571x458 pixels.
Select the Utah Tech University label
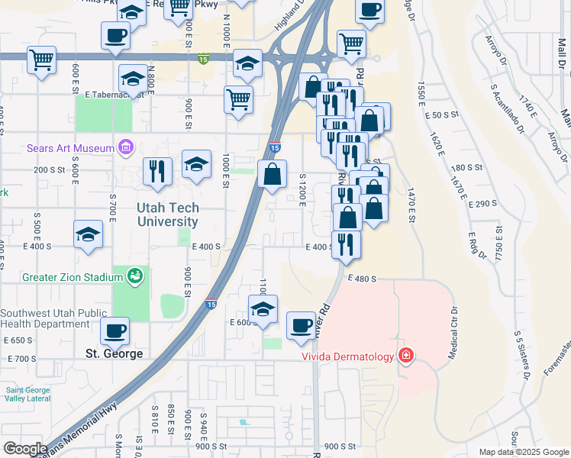click(168, 214)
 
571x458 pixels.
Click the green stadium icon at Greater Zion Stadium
click(135, 275)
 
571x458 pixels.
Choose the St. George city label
click(114, 354)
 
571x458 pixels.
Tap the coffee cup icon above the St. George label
click(115, 331)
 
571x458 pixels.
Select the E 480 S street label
click(362, 279)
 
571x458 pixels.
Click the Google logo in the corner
click(24, 449)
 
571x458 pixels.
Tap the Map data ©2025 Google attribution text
click(523, 452)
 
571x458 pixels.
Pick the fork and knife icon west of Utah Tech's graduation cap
click(157, 171)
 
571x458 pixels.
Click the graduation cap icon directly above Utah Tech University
click(196, 164)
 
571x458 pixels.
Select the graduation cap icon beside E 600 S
click(263, 310)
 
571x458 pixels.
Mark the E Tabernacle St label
click(115, 95)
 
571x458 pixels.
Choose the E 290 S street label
click(481, 204)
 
